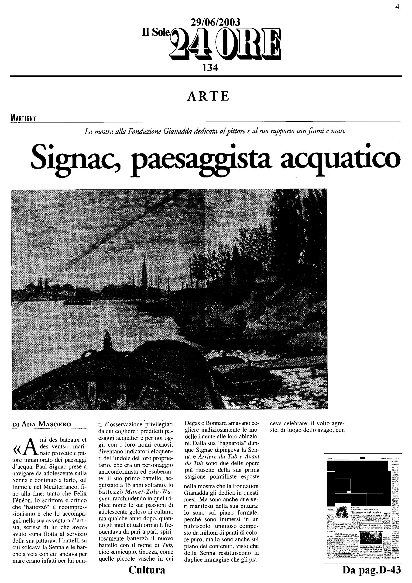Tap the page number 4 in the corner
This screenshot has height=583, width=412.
click(397, 7)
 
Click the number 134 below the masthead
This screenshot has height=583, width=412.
click(210, 68)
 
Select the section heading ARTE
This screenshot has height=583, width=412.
click(208, 96)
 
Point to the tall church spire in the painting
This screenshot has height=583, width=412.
click(145, 269)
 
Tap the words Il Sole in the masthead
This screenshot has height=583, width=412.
click(155, 32)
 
